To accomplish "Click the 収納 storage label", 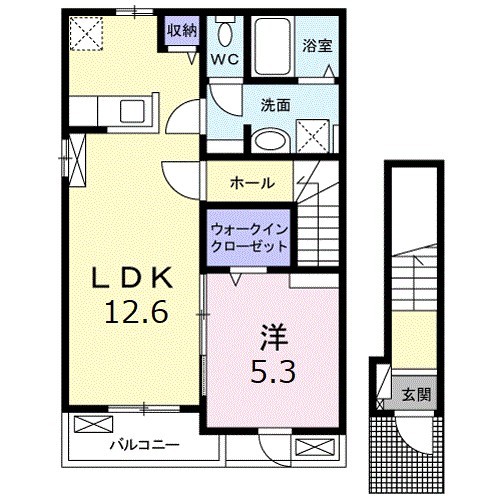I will click(181, 31).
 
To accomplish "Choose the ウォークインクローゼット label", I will click(248, 237).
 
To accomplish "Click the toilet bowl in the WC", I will click(224, 33).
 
